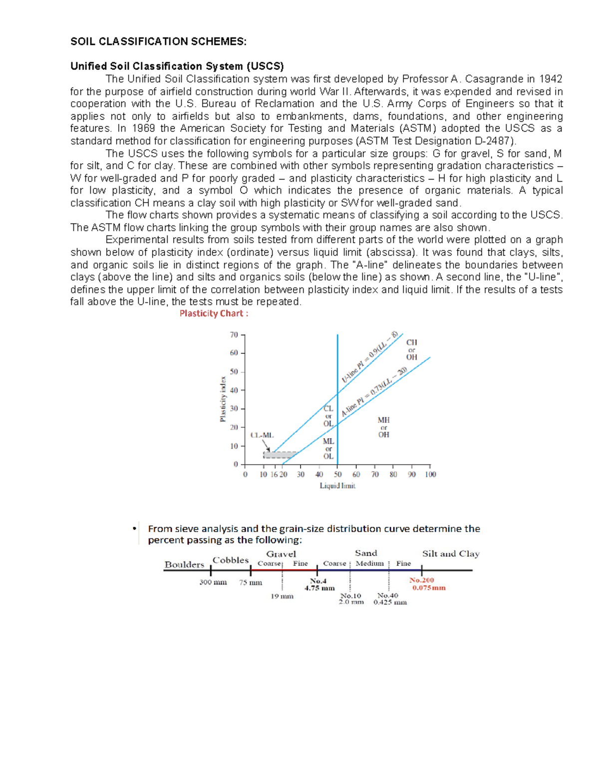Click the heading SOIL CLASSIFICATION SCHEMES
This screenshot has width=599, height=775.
pos(158,41)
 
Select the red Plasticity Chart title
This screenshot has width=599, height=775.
pos(214,313)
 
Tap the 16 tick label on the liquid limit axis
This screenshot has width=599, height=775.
pos(274,475)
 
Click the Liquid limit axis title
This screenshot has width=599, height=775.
pos(337,486)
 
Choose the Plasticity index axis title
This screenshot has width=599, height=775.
pos(223,399)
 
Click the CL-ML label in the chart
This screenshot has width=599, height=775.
pos(262,435)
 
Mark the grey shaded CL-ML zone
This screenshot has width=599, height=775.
pos(279,455)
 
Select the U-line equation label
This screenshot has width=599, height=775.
pos(370,357)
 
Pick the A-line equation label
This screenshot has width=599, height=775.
pos(374,392)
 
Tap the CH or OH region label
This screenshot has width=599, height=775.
pos(411,349)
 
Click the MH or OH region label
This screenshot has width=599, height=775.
pos(383,427)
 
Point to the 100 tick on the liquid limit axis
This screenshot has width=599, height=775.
pos(430,475)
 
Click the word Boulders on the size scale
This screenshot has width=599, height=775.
pos(184,564)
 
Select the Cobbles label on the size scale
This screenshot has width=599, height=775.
pos(230,560)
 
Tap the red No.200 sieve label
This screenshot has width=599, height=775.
pos(422,580)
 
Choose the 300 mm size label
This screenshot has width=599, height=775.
pos(213,582)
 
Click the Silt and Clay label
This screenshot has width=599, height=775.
pos(451,553)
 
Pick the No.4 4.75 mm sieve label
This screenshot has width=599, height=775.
pos(319,584)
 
